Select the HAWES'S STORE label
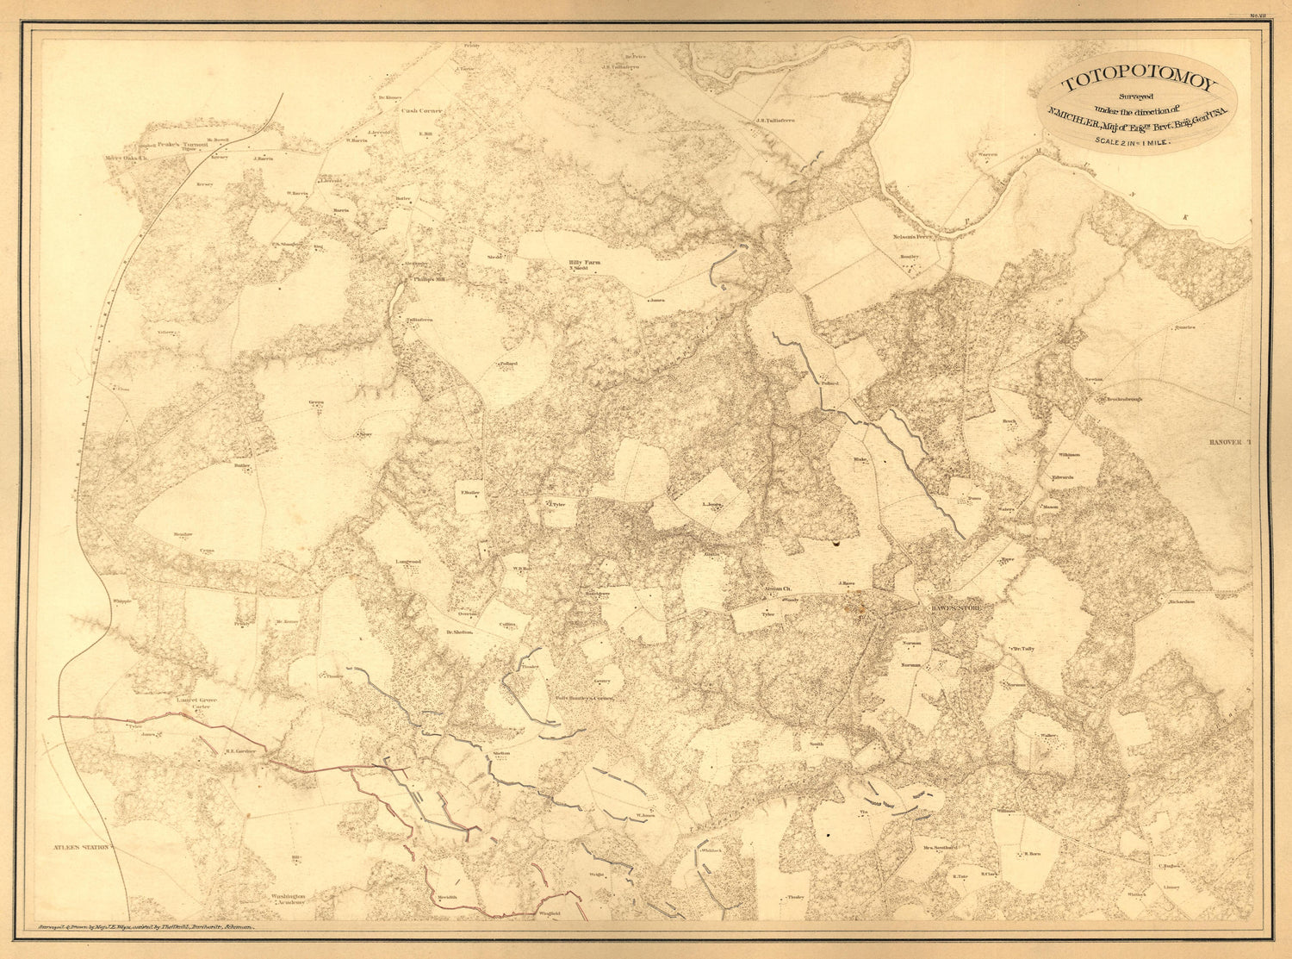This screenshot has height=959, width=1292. (961, 609)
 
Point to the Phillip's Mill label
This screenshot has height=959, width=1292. (428, 279)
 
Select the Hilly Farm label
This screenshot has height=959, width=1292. (584, 262)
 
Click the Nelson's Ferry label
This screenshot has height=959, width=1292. (913, 235)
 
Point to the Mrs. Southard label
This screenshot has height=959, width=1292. (940, 848)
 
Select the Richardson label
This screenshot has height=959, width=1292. (1181, 602)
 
